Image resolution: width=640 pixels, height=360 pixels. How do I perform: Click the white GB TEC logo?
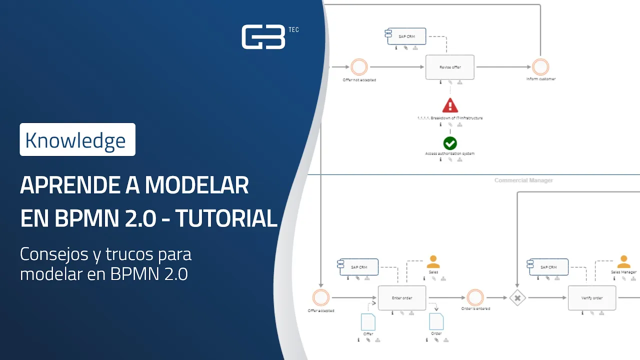click(x=264, y=37)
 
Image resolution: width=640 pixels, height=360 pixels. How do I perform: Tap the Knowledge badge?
click(x=77, y=139)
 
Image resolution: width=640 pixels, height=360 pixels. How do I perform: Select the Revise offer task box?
click(x=450, y=67)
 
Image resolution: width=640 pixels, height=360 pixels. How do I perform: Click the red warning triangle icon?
click(x=450, y=105)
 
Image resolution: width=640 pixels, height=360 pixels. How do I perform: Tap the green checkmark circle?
click(x=450, y=143)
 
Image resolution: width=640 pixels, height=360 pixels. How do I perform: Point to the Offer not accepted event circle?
click(x=359, y=67)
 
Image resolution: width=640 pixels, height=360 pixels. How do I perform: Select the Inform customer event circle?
click(x=540, y=67)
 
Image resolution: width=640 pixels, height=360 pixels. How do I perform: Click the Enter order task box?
click(x=402, y=298)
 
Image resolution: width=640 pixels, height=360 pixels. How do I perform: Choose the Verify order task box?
click(x=592, y=298)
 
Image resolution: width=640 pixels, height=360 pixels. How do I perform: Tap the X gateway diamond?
click(x=518, y=298)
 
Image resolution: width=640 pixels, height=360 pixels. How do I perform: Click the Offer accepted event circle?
click(x=320, y=298)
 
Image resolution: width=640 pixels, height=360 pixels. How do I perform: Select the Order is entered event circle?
click(x=475, y=298)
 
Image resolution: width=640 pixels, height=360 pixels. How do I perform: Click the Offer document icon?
click(x=368, y=321)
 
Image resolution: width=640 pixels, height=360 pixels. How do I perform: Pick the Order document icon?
click(x=436, y=321)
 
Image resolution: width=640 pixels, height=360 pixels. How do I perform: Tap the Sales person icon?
click(x=433, y=262)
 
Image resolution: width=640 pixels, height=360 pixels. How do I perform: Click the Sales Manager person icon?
click(x=623, y=262)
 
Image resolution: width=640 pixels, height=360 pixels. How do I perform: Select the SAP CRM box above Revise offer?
click(x=406, y=36)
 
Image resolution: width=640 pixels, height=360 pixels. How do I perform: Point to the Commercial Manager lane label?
click(x=523, y=180)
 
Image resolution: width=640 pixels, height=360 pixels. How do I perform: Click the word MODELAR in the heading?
click(x=196, y=186)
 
